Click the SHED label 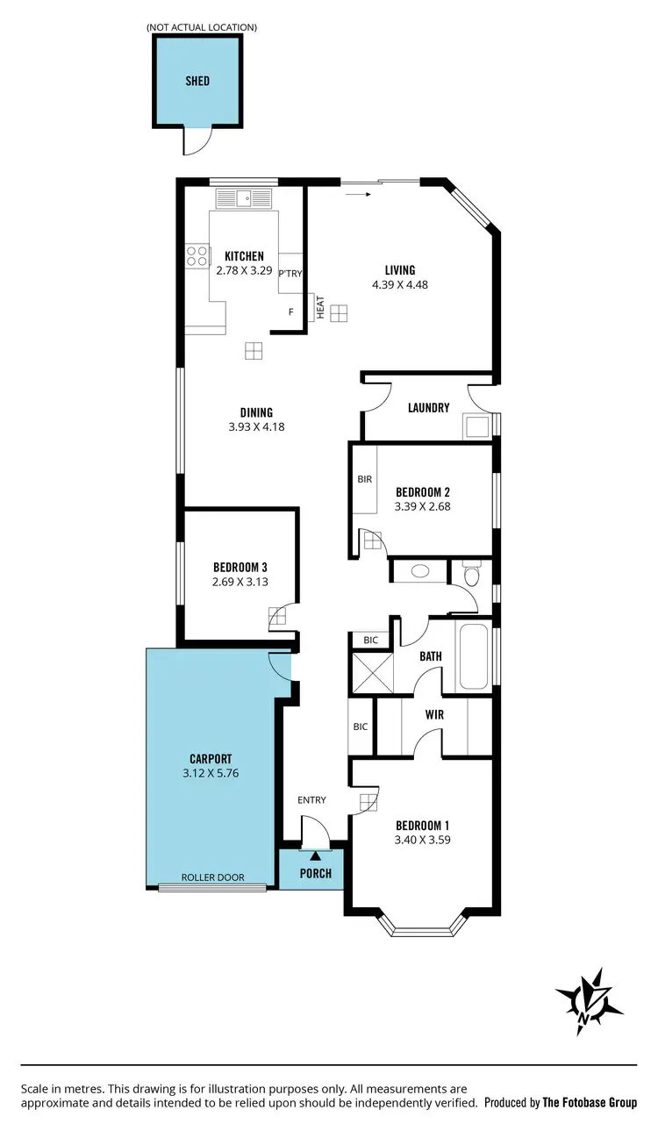[x=197, y=81]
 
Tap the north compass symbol [x=589, y=1000]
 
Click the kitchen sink [x=250, y=198]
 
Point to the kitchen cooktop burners [x=197, y=254]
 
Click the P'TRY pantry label [x=290, y=274]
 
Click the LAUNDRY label [x=429, y=408]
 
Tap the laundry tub [x=479, y=426]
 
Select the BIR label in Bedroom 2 [x=365, y=480]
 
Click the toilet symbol [x=472, y=576]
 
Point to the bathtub [x=475, y=656]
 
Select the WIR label [x=434, y=715]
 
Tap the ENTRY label [x=311, y=799]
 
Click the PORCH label [x=316, y=873]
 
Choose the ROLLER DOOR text [x=212, y=877]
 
